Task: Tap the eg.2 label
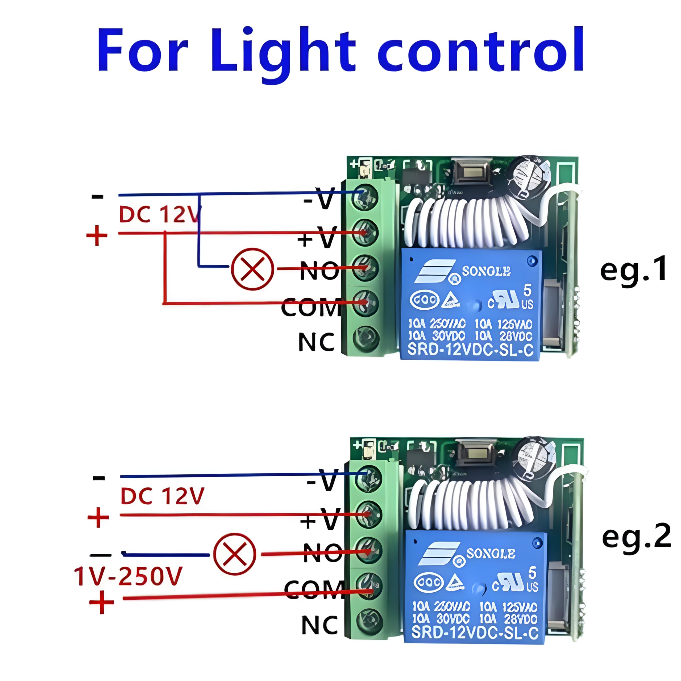point(637,536)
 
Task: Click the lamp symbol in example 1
point(252,269)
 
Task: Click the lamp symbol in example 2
point(235,554)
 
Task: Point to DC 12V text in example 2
point(162,496)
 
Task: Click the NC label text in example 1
point(316,342)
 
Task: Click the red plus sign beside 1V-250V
point(102,603)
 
